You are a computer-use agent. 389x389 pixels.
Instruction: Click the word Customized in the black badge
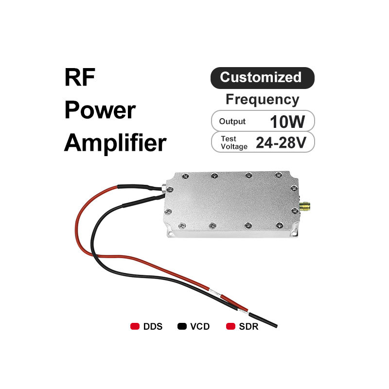tap(261, 77)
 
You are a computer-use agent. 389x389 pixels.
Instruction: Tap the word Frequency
tap(262, 100)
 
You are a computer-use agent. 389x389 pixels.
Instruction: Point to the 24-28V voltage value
tap(281, 142)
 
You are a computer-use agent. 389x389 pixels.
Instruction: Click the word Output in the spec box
tap(232, 122)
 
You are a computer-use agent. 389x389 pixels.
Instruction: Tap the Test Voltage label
tap(234, 142)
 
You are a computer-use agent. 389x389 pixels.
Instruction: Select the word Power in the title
tap(100, 110)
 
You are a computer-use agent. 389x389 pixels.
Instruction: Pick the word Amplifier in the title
tap(115, 143)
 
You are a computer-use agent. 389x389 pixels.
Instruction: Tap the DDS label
tap(153, 326)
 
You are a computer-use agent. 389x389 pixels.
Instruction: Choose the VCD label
tap(200, 326)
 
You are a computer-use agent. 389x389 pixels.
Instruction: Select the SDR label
tap(248, 326)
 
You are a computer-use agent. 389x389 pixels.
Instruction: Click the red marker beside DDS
tap(135, 326)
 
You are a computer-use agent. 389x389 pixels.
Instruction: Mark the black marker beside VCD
tap(182, 326)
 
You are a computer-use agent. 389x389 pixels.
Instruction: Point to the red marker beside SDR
tap(231, 326)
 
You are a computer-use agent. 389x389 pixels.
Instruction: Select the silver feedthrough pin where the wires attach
tap(161, 187)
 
